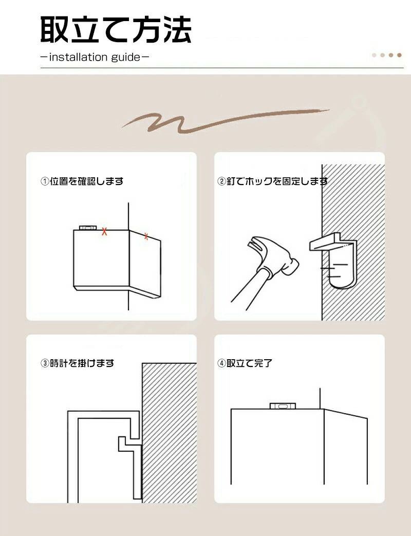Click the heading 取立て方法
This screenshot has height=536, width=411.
click(x=116, y=30)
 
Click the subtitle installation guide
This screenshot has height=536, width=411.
click(x=95, y=57)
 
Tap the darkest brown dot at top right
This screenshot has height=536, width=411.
click(x=399, y=55)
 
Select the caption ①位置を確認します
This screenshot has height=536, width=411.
click(x=82, y=181)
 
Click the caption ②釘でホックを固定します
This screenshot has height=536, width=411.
click(x=272, y=181)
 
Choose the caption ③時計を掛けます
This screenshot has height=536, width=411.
click(x=78, y=363)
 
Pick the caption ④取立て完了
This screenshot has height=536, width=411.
click(x=245, y=363)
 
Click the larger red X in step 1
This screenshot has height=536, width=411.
click(x=104, y=231)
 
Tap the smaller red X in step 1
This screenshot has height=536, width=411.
click(x=146, y=236)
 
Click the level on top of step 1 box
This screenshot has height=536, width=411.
click(x=88, y=228)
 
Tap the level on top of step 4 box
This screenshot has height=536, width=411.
click(x=283, y=406)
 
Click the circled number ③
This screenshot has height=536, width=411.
click(x=45, y=363)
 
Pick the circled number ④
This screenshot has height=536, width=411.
click(x=222, y=363)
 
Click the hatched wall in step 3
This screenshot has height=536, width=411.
click(x=170, y=433)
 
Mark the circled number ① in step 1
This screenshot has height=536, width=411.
click(x=45, y=181)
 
